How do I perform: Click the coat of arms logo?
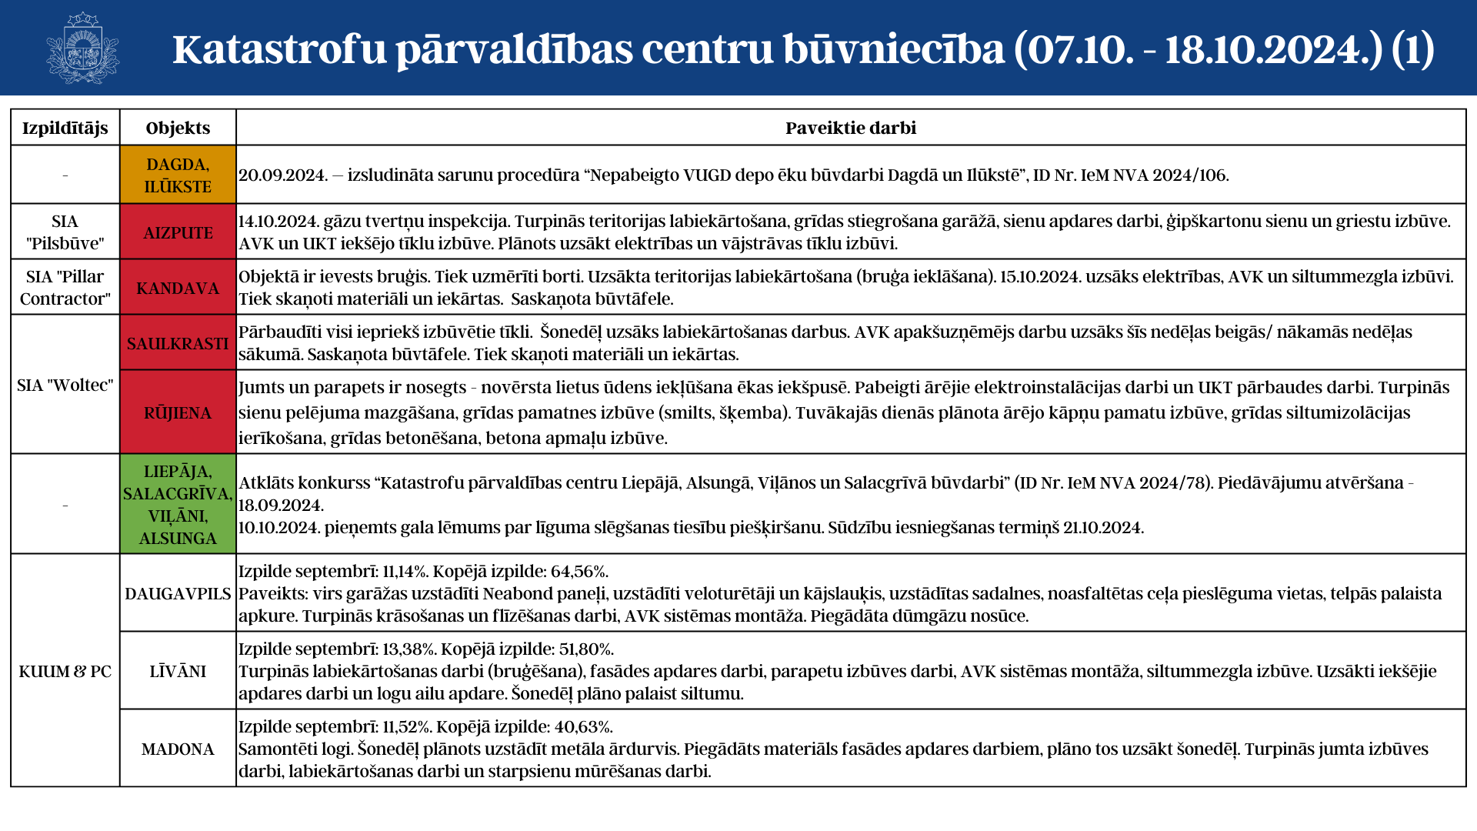[82, 48]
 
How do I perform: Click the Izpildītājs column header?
[65, 128]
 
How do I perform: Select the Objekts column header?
[178, 128]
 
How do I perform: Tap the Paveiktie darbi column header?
[850, 128]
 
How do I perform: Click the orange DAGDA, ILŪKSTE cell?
[178, 175]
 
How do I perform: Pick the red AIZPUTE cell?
[178, 232]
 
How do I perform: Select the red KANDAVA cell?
[178, 288]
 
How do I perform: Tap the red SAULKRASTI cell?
[178, 343]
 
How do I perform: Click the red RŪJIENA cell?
[178, 412]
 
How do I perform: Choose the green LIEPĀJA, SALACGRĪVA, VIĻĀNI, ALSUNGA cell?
[178, 504]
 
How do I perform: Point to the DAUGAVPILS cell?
[178, 593]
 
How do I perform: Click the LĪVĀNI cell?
[178, 671]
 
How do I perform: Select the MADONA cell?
[178, 749]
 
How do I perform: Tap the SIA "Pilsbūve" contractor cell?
[65, 232]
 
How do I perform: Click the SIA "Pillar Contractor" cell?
[65, 288]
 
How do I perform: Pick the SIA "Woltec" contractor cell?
[65, 385]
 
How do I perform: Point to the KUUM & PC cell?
[65, 671]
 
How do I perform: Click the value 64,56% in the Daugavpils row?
[578, 572]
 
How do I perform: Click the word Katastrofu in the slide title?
[279, 49]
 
